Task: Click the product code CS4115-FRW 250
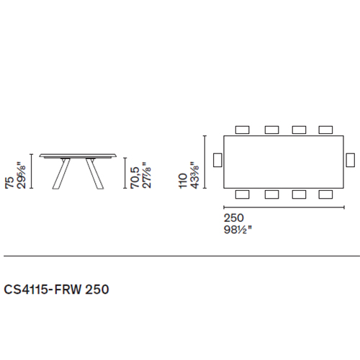pos(56,289)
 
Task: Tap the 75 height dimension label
pos(9,183)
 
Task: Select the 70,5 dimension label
pos(135,178)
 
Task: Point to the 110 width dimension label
pos(183,181)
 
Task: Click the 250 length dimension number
pos(234,218)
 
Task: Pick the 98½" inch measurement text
pos(238,230)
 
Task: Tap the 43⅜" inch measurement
pos(194,175)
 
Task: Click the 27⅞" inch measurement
pos(147,175)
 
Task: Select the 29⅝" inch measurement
pos(21,176)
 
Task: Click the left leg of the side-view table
pos(61,174)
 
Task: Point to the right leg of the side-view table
pos(95,174)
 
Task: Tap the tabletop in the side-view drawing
pos(78,156)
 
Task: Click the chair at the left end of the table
pos(217,160)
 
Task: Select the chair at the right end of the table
pos(351,160)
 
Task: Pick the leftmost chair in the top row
pos(242,130)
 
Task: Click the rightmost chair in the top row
pos(325,130)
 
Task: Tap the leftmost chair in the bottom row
pos(242,194)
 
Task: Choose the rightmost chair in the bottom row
pos(325,194)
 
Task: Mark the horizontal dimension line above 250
pos(284,207)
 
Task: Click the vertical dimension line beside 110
pos(204,162)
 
